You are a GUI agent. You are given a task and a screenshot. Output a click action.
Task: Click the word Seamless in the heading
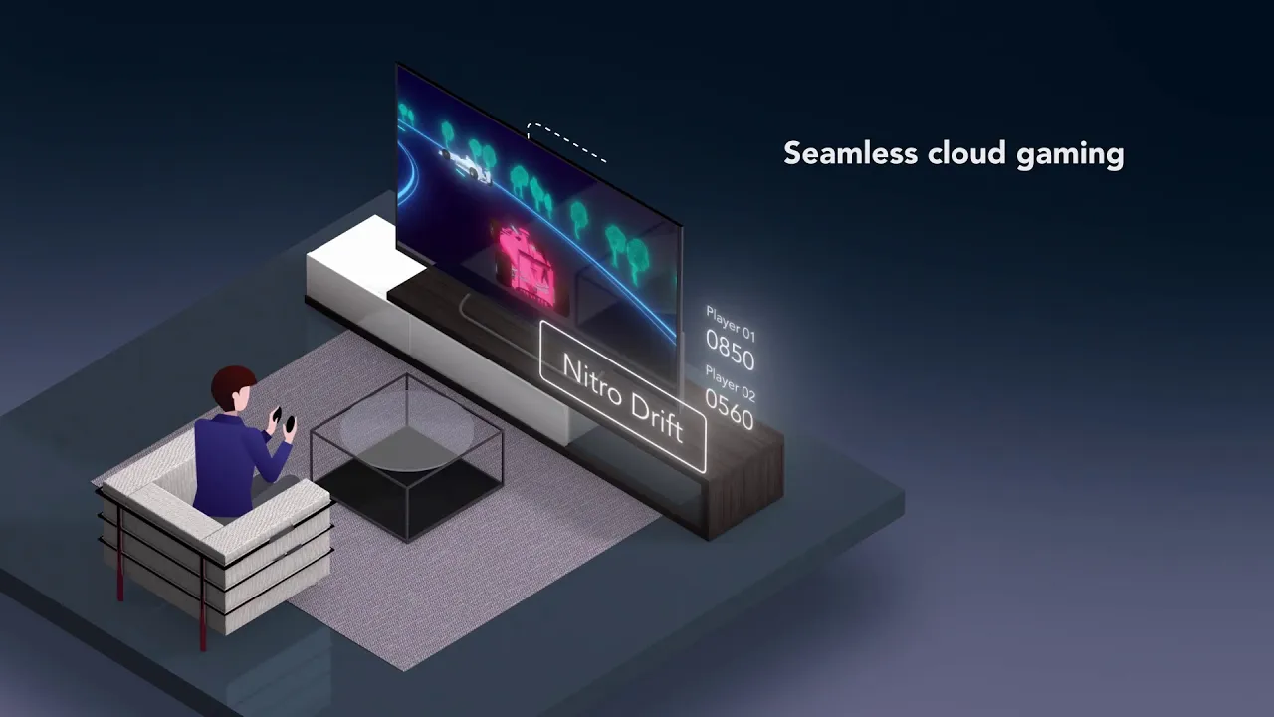coord(850,153)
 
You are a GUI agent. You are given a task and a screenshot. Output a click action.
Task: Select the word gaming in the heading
coord(1070,155)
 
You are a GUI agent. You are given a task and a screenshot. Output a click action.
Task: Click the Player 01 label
coord(731,324)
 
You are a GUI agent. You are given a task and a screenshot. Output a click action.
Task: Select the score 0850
coord(730,350)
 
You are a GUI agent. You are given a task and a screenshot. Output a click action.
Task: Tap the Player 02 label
coord(731,383)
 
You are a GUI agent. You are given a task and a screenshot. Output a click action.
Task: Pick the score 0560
coord(730,408)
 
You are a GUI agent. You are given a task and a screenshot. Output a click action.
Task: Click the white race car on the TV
coord(467,166)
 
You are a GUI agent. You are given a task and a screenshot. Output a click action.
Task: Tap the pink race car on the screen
coord(525,261)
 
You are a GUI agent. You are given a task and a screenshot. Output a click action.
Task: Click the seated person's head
coord(234,389)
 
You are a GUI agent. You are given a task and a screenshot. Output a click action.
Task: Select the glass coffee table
coord(406,456)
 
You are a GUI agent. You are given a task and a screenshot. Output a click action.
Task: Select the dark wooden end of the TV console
coord(745,484)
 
